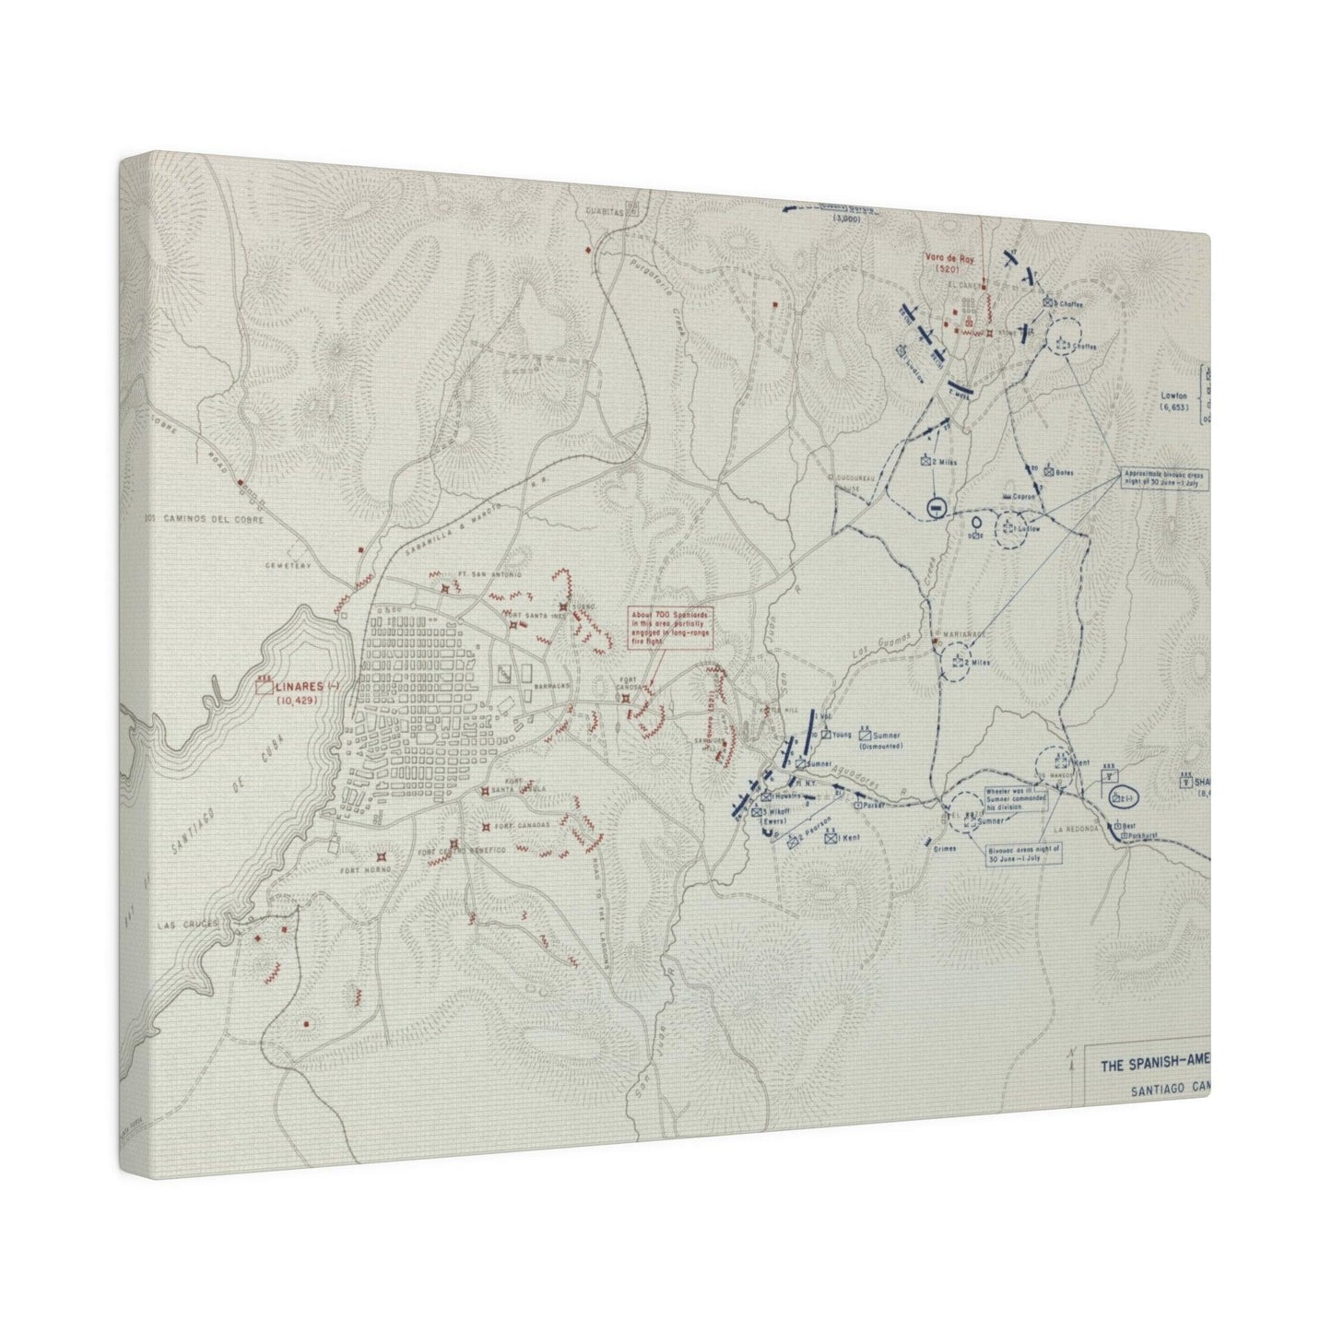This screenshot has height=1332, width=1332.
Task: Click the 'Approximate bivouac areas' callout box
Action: pyautogui.click(x=1169, y=480)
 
